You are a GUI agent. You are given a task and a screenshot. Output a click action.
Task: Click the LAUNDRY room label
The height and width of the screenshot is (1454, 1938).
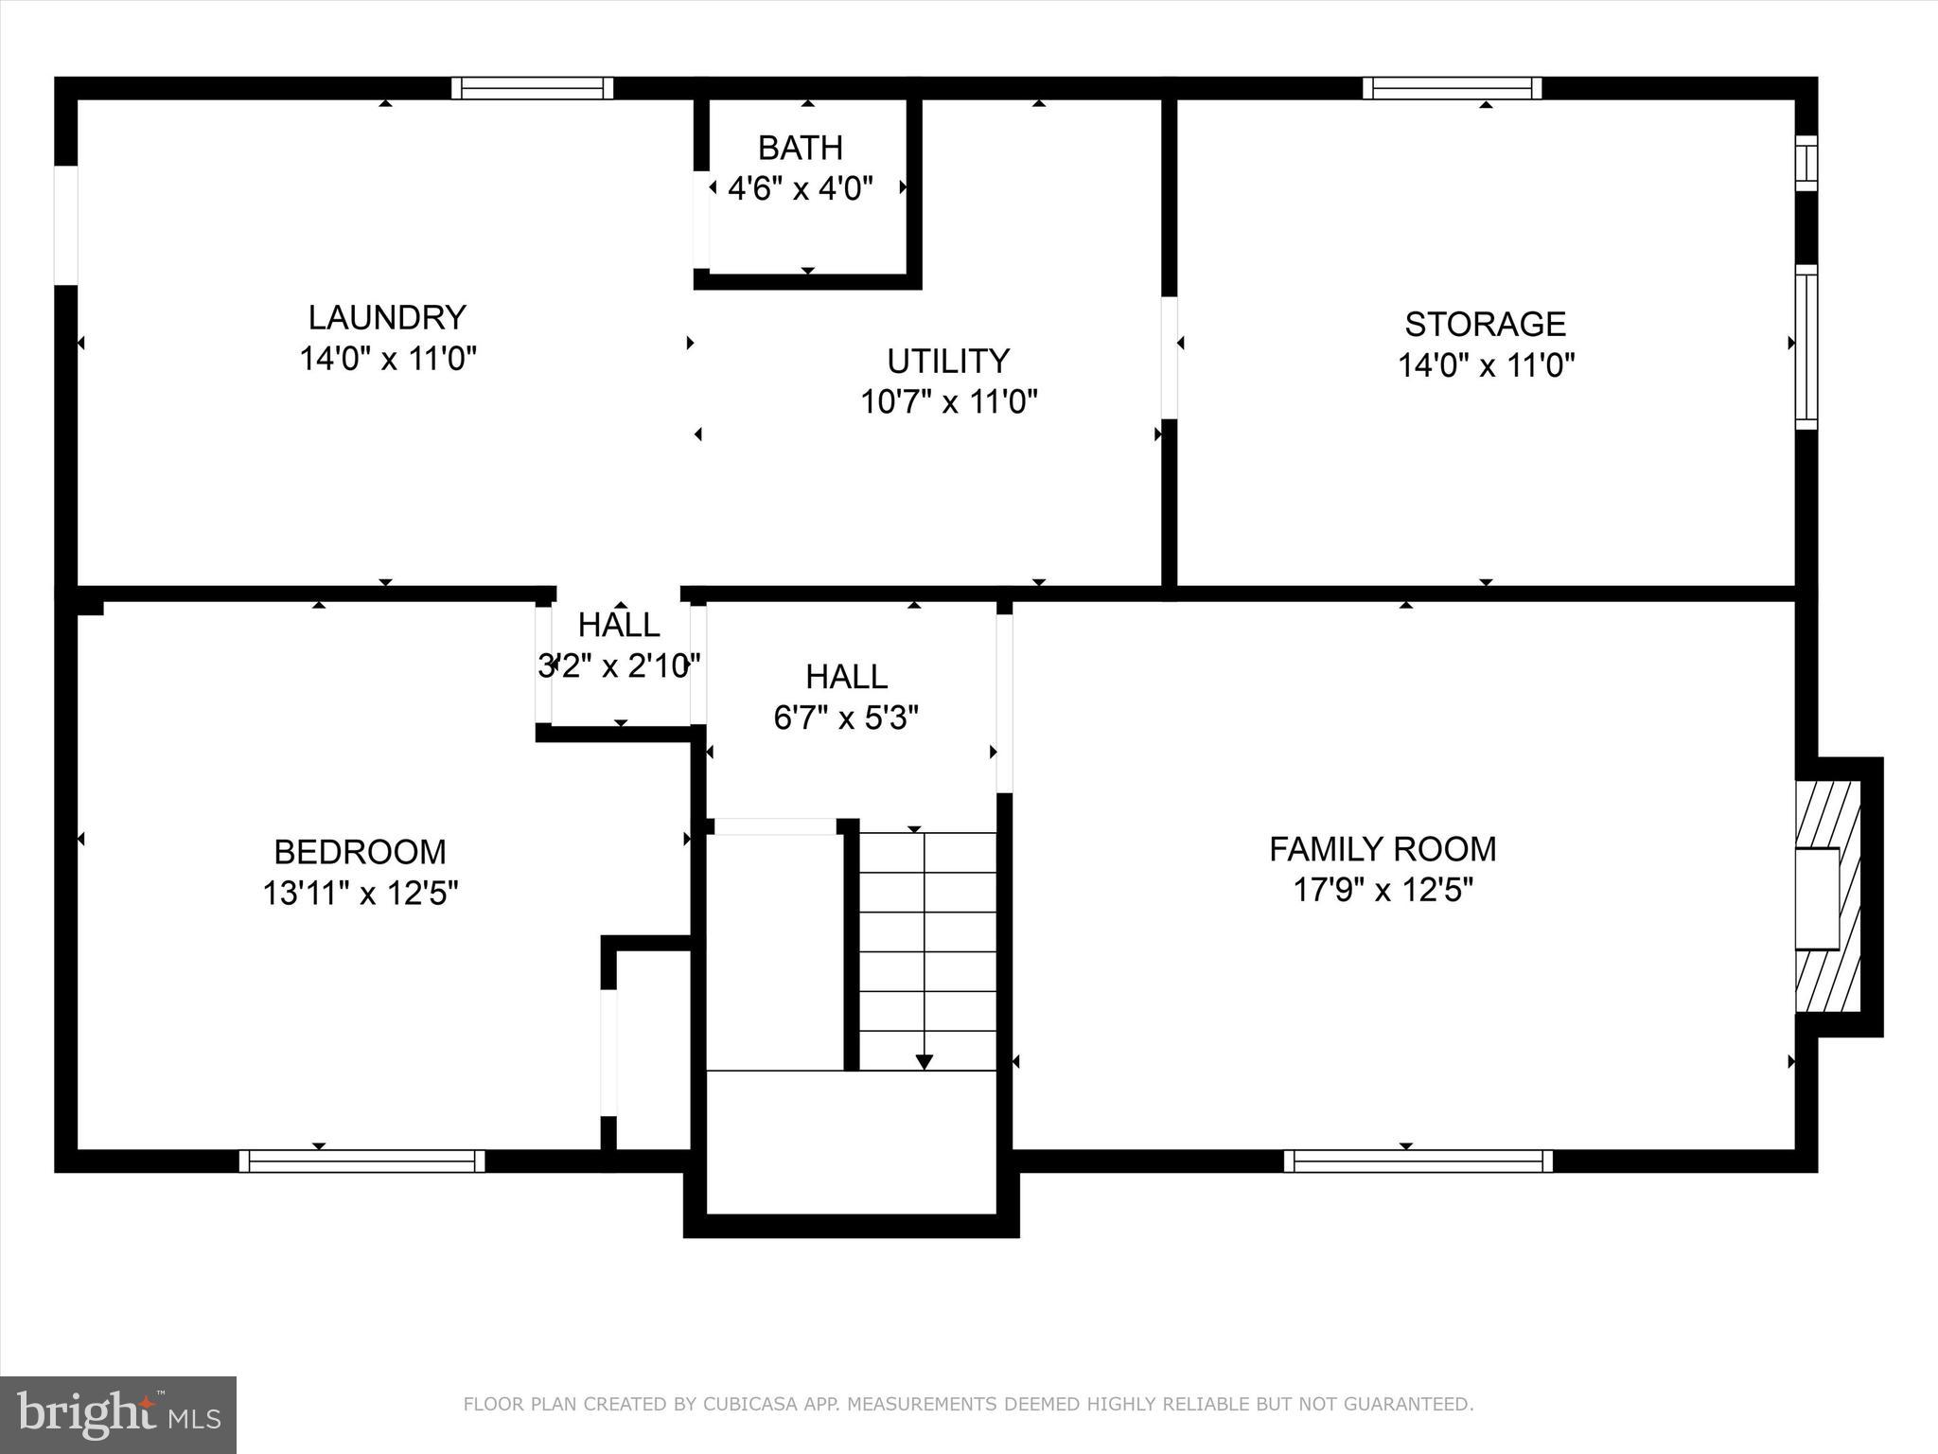tap(387, 317)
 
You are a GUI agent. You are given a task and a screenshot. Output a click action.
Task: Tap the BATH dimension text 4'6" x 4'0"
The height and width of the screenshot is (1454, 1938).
tap(800, 188)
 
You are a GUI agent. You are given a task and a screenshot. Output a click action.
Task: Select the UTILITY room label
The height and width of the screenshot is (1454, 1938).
tap(948, 361)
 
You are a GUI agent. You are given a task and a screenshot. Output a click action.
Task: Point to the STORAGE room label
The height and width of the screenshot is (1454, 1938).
tap(1485, 325)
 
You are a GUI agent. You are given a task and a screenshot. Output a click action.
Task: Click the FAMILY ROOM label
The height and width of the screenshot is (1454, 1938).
tap(1382, 849)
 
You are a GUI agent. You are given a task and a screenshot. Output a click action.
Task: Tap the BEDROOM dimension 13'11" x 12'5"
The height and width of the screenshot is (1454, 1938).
tap(360, 893)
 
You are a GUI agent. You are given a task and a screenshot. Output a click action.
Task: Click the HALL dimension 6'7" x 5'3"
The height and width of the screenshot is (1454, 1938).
tap(846, 718)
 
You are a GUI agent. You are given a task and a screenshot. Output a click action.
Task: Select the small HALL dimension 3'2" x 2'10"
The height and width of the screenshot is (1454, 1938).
tap(619, 666)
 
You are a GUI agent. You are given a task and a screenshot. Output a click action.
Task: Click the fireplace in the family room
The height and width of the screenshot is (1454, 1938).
tap(1827, 897)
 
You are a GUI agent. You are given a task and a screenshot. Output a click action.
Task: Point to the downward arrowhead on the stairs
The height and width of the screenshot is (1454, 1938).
tap(925, 1062)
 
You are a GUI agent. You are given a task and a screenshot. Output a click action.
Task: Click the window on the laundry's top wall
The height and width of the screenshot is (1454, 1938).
tap(532, 88)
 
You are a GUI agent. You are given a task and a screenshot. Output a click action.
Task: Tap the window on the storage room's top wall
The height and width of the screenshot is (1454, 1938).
tap(1452, 88)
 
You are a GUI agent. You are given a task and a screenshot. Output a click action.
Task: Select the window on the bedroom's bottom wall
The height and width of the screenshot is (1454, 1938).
tap(361, 1161)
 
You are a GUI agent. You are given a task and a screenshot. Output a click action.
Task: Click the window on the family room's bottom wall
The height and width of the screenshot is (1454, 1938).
tap(1418, 1161)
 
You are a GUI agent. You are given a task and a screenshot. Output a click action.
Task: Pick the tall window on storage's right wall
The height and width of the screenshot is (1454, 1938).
tap(1806, 346)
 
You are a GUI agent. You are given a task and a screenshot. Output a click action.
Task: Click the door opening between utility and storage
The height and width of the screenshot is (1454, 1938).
tap(1169, 358)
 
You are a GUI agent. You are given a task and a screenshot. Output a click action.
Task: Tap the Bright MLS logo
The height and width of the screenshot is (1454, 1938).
tap(117, 1414)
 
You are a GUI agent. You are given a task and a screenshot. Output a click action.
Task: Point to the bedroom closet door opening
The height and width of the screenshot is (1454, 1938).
tap(608, 1052)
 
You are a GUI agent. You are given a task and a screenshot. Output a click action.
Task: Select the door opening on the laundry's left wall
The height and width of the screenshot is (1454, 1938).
tap(65, 224)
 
